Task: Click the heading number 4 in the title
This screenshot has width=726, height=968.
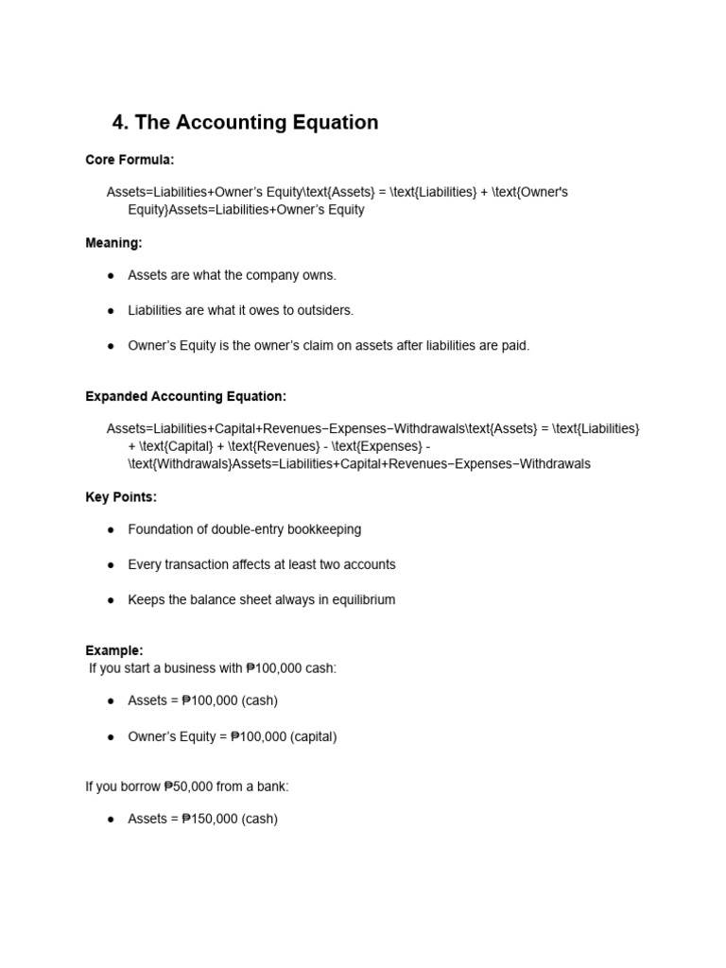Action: point(118,123)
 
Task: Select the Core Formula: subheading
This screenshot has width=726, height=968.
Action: point(130,160)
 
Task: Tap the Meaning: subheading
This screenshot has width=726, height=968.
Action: point(113,243)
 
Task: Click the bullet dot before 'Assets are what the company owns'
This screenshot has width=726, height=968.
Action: point(111,275)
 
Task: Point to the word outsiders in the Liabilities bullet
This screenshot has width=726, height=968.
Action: point(324,310)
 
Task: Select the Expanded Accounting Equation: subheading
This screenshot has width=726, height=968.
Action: point(185,396)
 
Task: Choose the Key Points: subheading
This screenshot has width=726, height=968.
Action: point(121,497)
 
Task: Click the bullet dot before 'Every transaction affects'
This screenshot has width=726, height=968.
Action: point(111,565)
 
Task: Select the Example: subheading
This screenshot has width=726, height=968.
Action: point(114,650)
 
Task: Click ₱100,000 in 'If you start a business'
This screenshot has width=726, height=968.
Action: point(273,668)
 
